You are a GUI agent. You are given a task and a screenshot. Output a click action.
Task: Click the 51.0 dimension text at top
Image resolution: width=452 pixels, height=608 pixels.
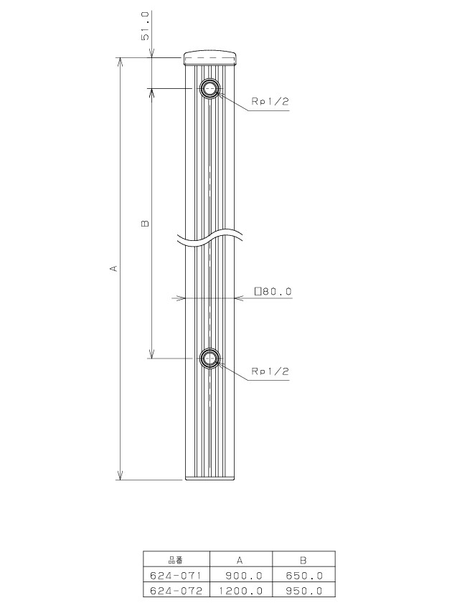(x=145, y=26)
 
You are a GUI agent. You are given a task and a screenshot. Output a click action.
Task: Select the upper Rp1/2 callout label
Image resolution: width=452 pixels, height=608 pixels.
(x=270, y=102)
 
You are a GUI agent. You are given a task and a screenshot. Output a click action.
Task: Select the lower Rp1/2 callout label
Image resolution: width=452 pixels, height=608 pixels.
(x=270, y=371)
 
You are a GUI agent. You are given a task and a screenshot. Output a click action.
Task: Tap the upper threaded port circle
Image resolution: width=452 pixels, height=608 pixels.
(x=210, y=88)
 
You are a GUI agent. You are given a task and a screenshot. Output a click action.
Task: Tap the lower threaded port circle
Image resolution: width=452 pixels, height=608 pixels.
(x=210, y=358)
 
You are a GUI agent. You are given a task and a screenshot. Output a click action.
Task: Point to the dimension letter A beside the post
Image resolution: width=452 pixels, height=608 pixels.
(x=113, y=268)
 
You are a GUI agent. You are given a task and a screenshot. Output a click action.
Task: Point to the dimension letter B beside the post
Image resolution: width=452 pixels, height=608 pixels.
(x=145, y=224)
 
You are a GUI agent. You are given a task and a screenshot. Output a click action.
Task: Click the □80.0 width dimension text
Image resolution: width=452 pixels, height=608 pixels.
(x=273, y=291)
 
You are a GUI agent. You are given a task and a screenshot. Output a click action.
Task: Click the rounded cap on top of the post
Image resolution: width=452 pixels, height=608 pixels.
(x=210, y=58)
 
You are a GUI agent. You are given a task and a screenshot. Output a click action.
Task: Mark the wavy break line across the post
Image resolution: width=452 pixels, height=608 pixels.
(x=210, y=238)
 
